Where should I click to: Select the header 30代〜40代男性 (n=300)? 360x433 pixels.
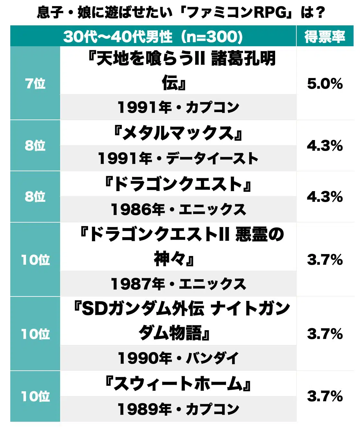point(153,37)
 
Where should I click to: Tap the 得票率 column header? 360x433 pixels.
point(325,37)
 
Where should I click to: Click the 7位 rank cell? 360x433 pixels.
point(35,84)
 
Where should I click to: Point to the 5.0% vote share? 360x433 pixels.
point(325,84)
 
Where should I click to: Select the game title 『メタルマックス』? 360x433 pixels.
point(178,133)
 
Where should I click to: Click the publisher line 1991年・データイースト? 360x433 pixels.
point(178,158)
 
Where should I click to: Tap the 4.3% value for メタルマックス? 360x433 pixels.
point(325,146)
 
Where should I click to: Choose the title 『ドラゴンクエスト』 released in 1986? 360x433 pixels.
point(178,184)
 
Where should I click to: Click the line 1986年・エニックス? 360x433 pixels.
point(178,209)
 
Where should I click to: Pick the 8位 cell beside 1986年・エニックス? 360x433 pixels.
point(35,197)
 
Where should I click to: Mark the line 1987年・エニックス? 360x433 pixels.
point(178,284)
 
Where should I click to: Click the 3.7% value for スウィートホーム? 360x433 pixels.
point(325,396)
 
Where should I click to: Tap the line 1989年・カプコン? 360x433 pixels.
point(178,409)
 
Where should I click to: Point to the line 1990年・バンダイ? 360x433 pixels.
point(178,358)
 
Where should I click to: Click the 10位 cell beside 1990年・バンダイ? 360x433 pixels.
point(35,334)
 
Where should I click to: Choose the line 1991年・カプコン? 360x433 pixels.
point(178,107)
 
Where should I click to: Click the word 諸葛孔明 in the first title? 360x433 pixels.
point(244,59)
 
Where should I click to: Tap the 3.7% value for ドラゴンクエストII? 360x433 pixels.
point(325,260)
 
